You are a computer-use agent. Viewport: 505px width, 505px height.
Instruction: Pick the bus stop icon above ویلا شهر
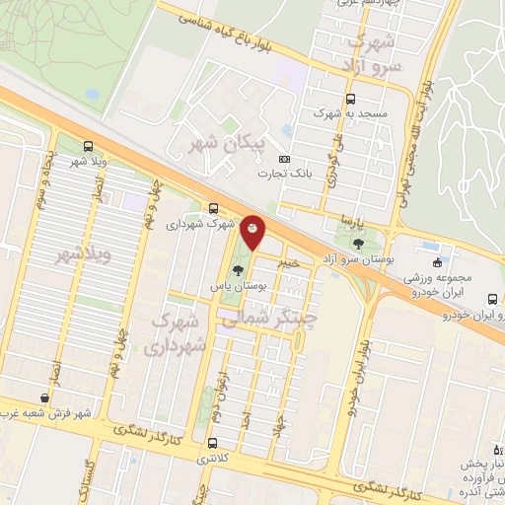(x=88, y=146)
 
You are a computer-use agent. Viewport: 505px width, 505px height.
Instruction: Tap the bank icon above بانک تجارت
(x=285, y=159)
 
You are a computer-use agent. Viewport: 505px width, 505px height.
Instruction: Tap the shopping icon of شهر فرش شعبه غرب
(x=42, y=397)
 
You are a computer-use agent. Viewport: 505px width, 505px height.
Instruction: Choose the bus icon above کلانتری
(x=213, y=443)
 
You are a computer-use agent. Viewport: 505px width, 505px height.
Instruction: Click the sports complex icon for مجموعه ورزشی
(x=437, y=261)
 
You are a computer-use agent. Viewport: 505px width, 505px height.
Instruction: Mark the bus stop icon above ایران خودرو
(x=490, y=299)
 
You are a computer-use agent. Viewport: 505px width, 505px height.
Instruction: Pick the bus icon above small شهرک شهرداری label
(x=213, y=208)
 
